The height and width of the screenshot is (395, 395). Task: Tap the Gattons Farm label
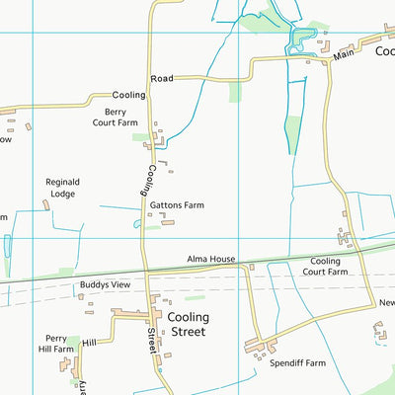point(177,205)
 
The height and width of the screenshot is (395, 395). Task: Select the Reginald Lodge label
point(62,188)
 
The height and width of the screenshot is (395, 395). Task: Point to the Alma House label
point(211,260)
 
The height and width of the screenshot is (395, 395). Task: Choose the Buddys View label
point(106,284)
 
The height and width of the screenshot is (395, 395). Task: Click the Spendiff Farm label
point(297,363)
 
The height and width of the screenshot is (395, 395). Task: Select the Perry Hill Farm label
point(56,344)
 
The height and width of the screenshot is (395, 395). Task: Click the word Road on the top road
point(162,78)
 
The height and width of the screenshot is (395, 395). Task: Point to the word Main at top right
point(343,56)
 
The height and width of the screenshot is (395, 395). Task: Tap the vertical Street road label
point(153,341)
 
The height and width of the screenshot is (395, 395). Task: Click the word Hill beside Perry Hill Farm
point(90,342)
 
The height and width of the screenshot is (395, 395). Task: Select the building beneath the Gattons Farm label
point(168,222)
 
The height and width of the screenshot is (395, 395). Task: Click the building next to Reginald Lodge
point(46,204)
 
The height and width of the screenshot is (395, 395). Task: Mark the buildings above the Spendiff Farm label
point(259,348)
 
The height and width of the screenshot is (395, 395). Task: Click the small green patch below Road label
point(234,92)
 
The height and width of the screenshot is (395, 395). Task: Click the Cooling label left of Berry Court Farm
point(129,95)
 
